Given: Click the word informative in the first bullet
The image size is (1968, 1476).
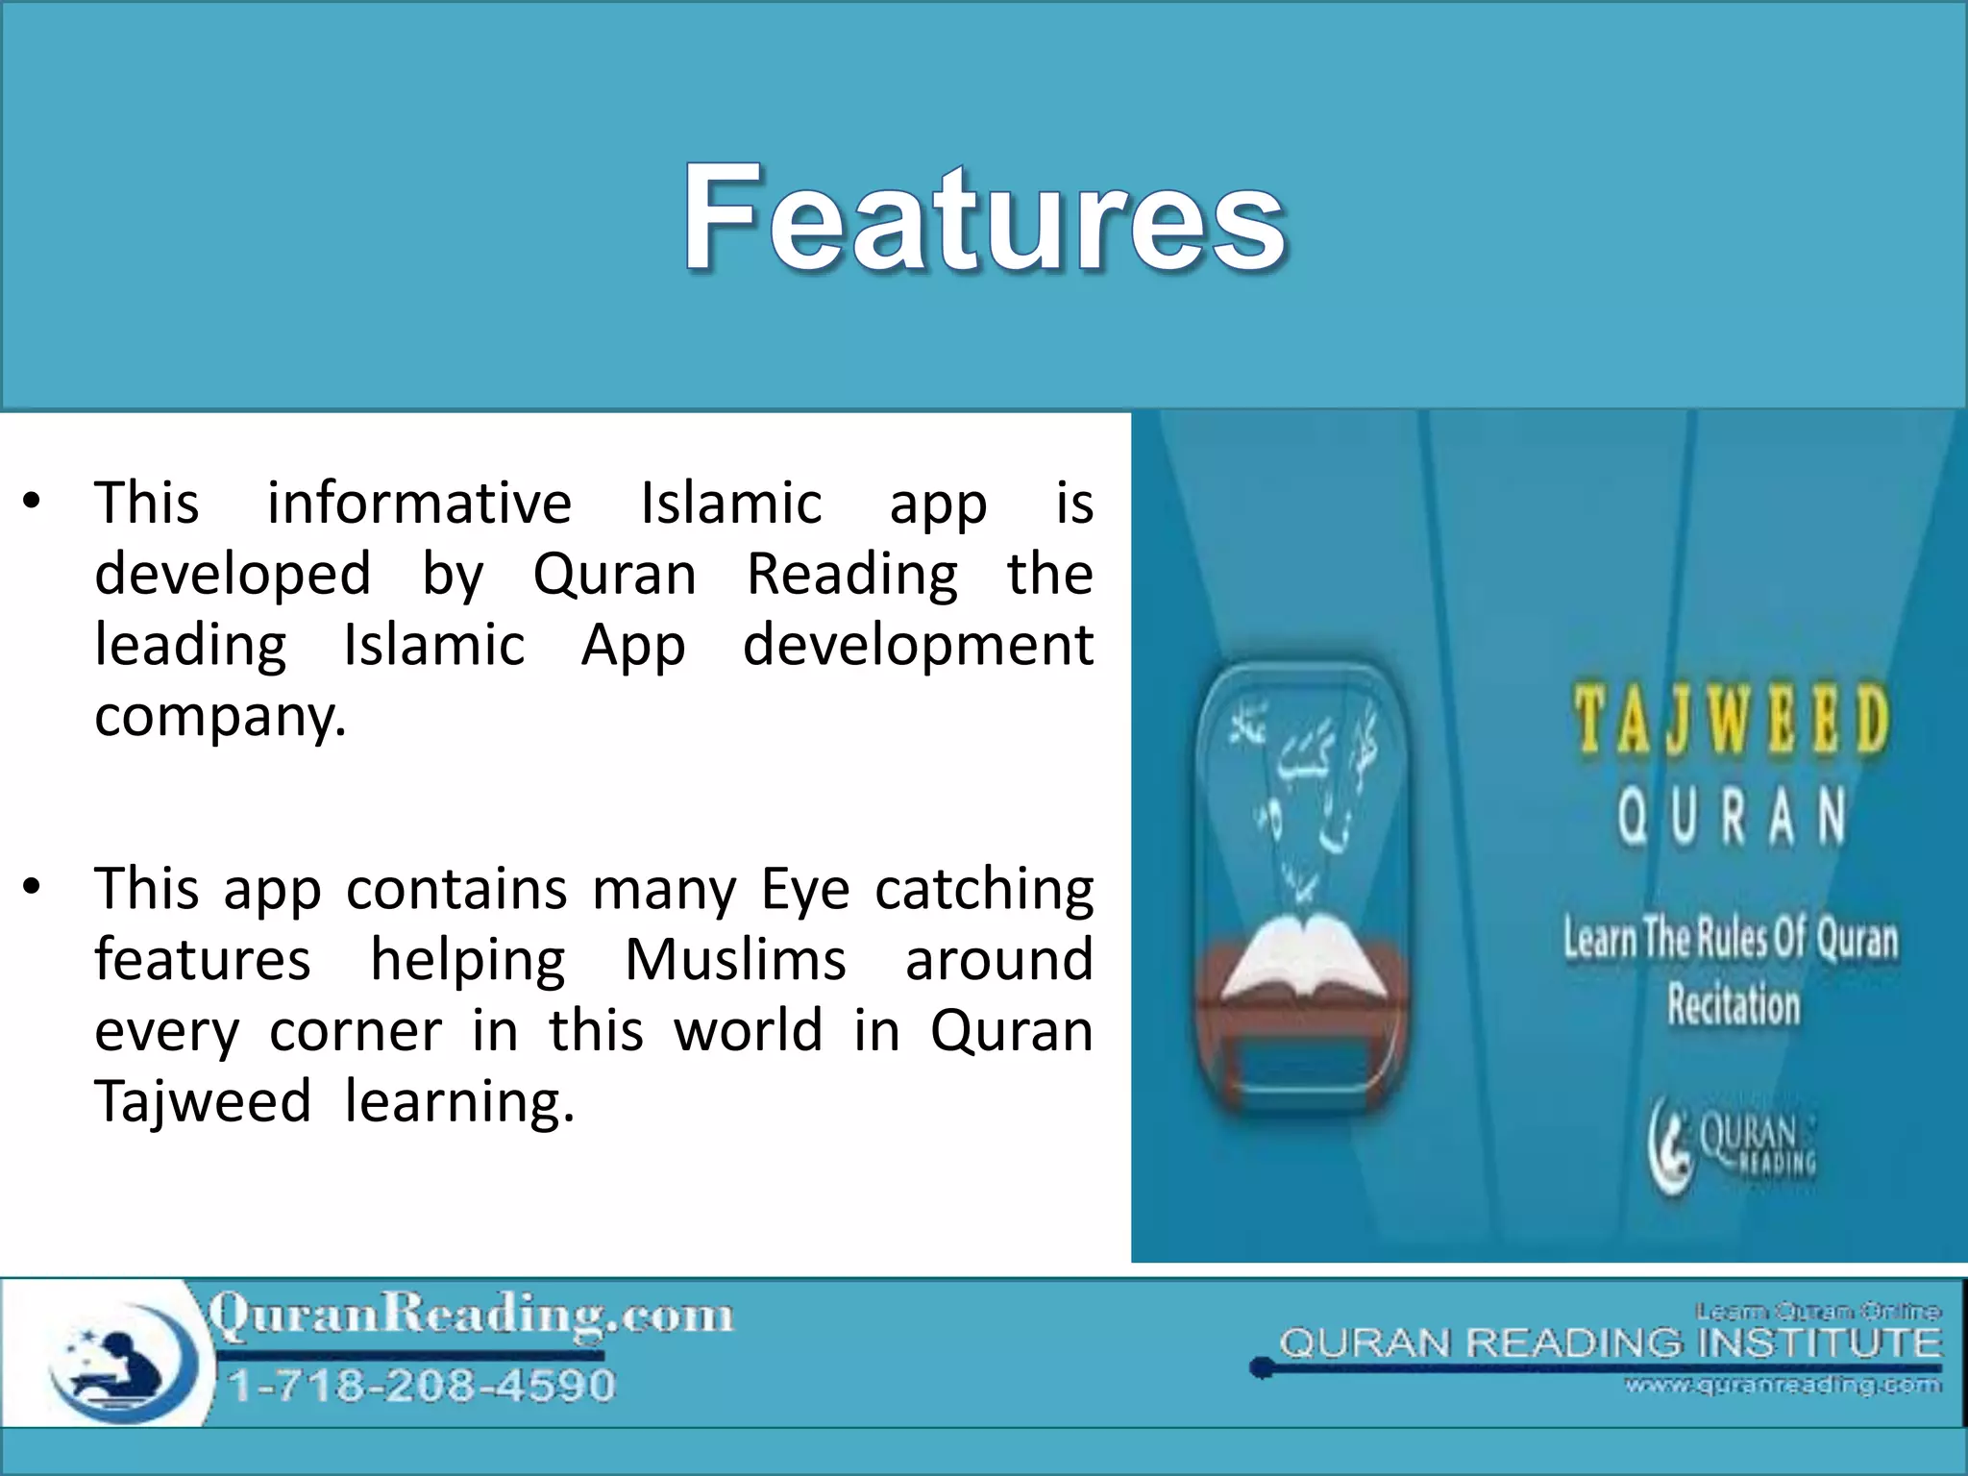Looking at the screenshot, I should [x=419, y=503].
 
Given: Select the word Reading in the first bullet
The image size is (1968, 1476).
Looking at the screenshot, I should [x=852, y=575].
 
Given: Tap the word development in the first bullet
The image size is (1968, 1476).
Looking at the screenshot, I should [x=918, y=645].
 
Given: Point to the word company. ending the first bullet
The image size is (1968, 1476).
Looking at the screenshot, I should [x=220, y=717].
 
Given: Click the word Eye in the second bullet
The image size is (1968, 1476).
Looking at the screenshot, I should [x=805, y=890].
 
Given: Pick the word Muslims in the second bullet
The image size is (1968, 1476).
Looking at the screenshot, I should [x=735, y=960].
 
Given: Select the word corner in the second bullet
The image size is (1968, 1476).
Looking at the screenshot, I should [x=356, y=1031].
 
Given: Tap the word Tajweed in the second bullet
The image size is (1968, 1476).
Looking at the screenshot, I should [x=203, y=1101].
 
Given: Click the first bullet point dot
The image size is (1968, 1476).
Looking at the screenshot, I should [x=33, y=501].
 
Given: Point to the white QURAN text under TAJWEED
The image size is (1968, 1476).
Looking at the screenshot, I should [x=1731, y=816].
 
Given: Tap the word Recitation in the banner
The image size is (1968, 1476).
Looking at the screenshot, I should [x=1733, y=1005].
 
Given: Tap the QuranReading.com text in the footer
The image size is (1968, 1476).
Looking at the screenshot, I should [x=471, y=1315].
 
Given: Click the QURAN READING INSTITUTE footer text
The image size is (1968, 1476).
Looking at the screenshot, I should [x=1610, y=1343].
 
